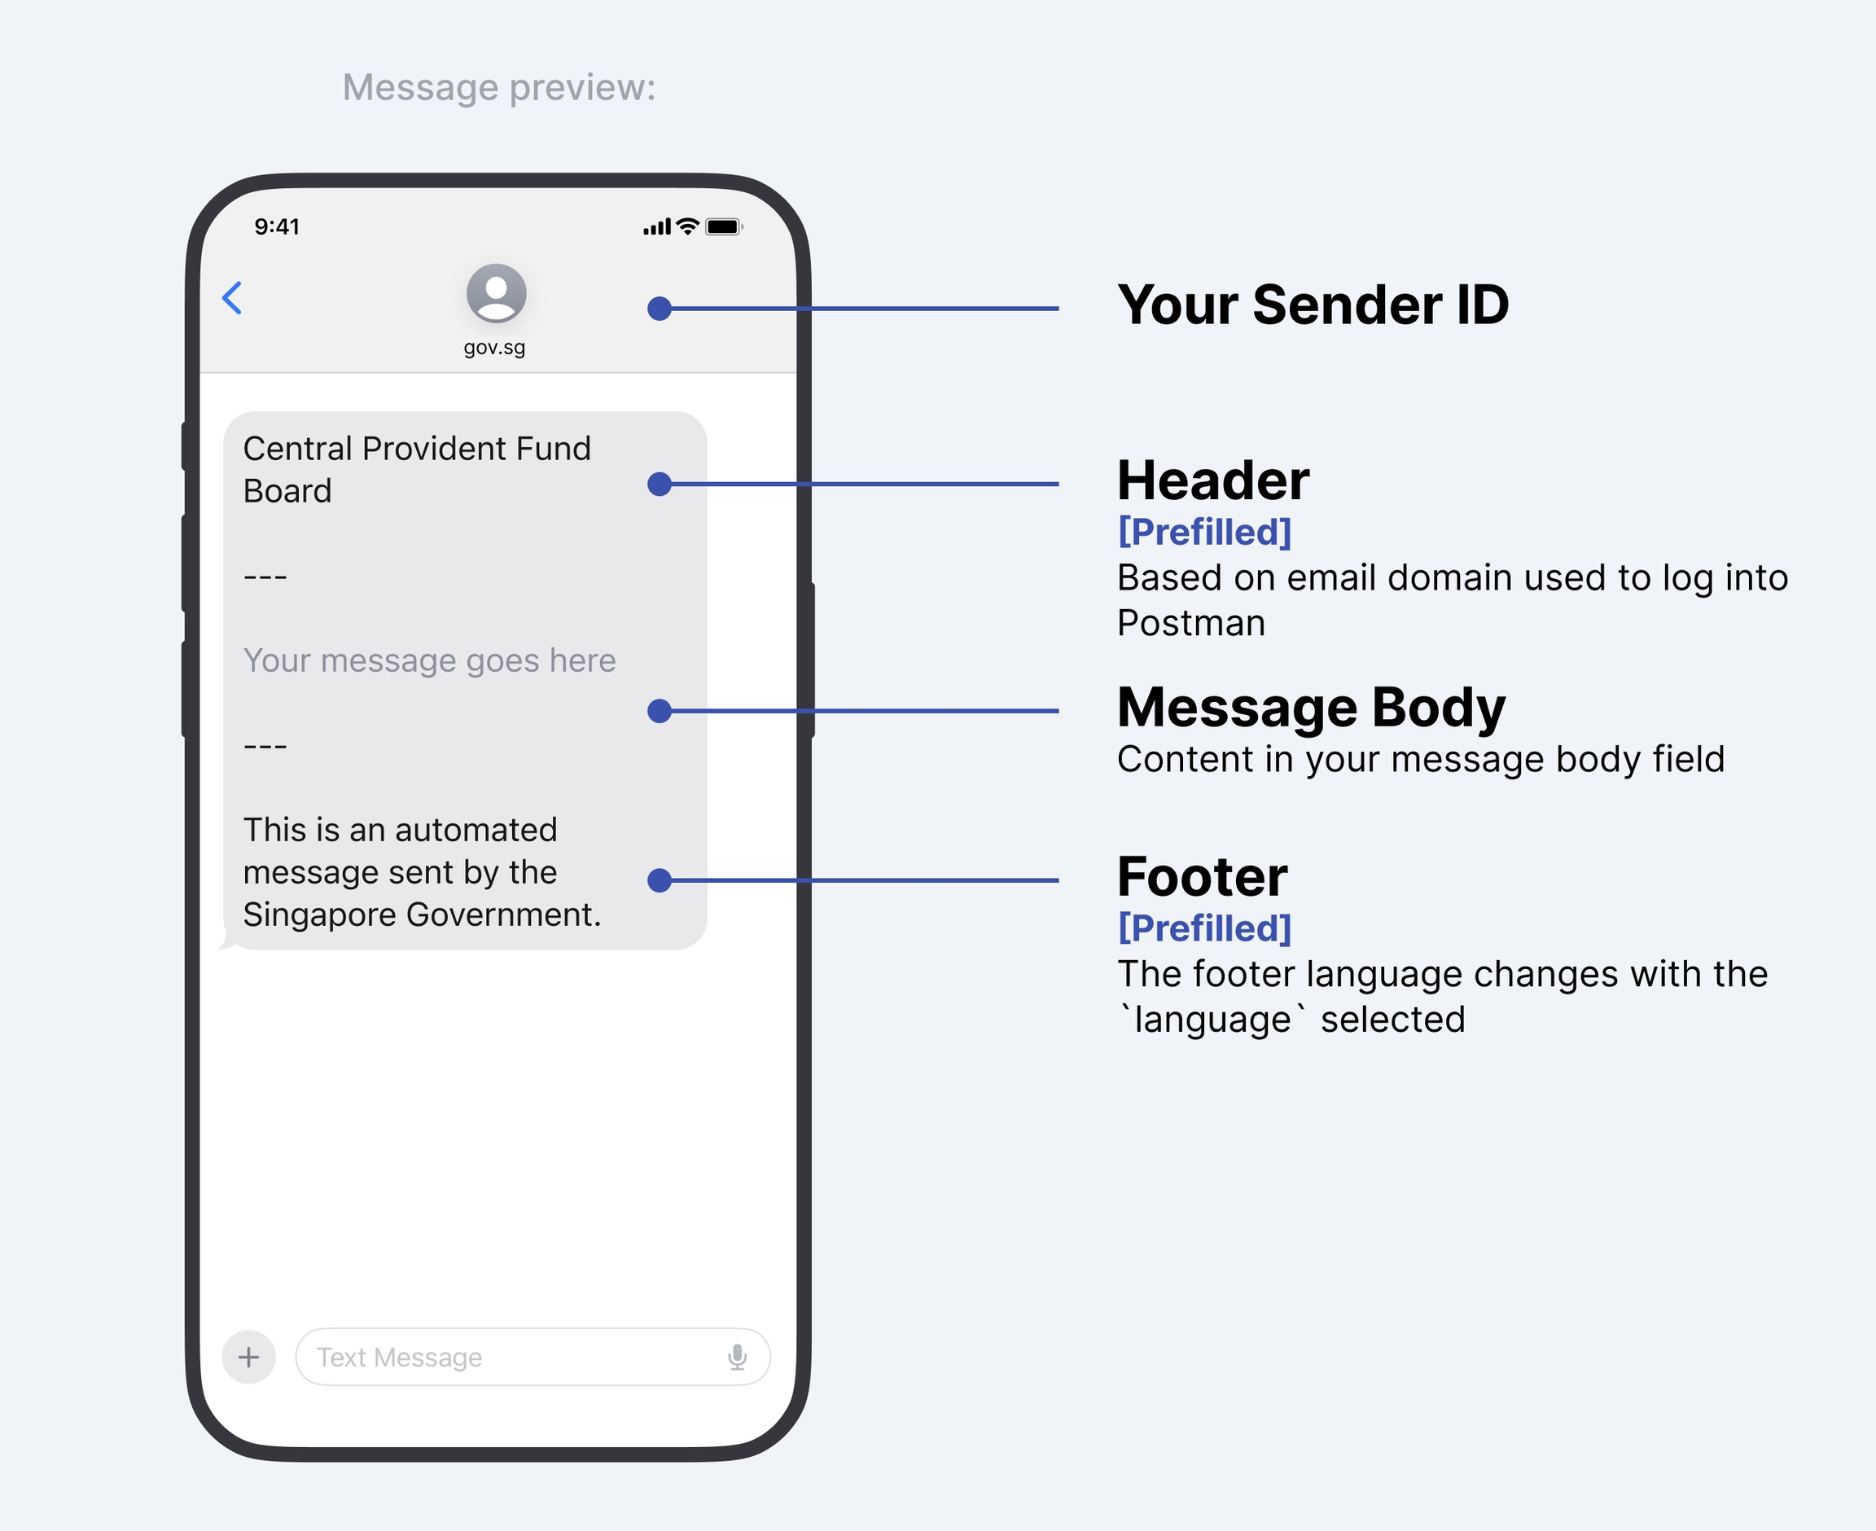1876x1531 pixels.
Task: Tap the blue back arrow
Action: [x=232, y=298]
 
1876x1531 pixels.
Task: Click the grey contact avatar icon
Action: [x=497, y=293]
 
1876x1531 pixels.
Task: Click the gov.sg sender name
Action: [x=494, y=348]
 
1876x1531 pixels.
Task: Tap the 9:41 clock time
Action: [x=277, y=226]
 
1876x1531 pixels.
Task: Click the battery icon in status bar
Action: [x=724, y=226]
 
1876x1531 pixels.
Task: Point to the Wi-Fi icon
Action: [x=688, y=226]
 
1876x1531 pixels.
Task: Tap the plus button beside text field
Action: [x=248, y=1357]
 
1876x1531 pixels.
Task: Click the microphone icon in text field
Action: [x=738, y=1357]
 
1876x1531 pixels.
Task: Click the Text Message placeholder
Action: [x=399, y=1358]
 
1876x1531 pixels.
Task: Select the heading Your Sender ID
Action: [x=1313, y=305]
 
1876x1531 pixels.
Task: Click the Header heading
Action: [x=1213, y=480]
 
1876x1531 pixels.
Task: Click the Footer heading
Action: [x=1203, y=875]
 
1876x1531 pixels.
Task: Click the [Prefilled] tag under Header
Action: [x=1204, y=532]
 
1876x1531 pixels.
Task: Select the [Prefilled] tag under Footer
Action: [x=1204, y=928]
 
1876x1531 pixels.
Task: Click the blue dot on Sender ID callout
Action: [x=660, y=309]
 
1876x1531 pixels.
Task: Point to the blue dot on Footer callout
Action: [x=660, y=880]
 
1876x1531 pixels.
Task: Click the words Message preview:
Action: [x=499, y=87]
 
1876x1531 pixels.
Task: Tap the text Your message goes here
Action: [x=429, y=660]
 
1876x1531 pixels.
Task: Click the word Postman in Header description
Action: [x=1191, y=623]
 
